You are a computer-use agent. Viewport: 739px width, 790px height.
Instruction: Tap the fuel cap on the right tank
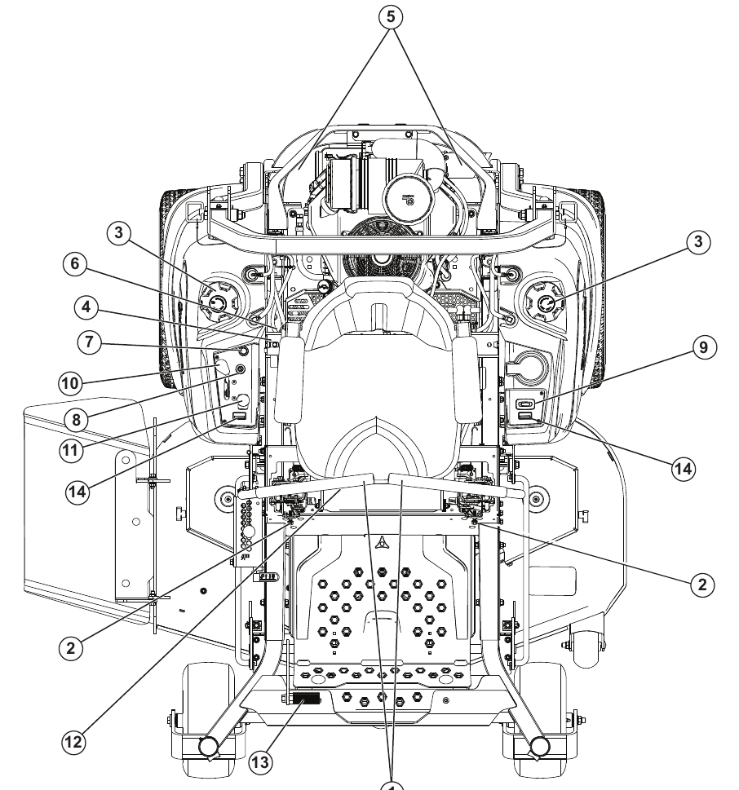(x=544, y=303)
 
